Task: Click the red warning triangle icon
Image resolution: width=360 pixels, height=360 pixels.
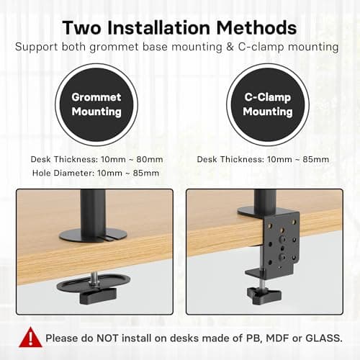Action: [31, 336]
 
